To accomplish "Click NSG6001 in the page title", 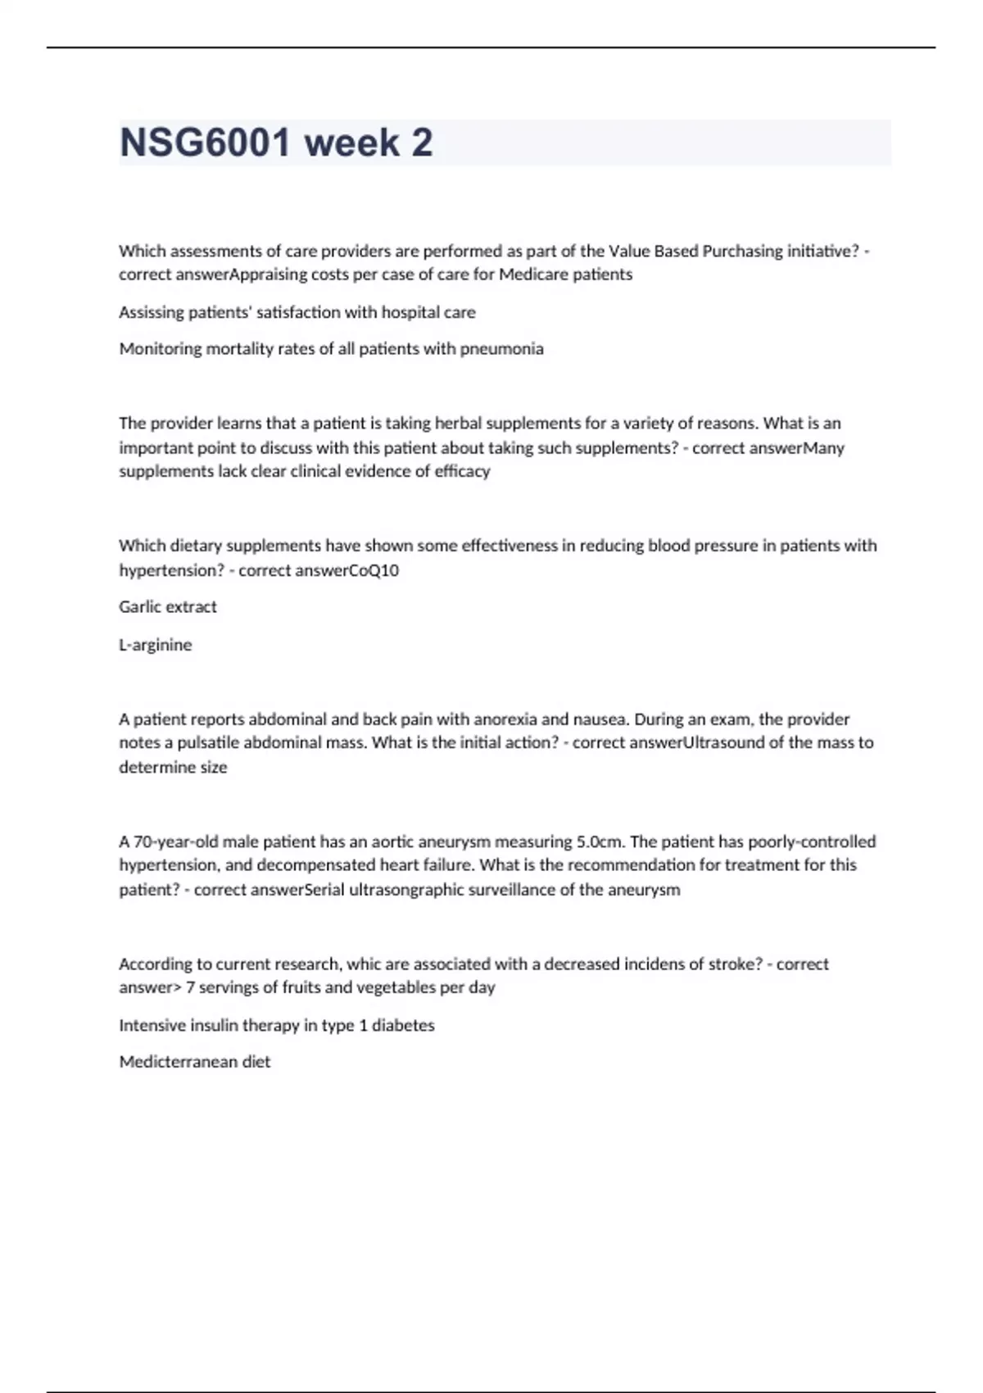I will (x=205, y=143).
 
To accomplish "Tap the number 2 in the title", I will (x=421, y=143).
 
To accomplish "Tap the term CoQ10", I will (x=374, y=570).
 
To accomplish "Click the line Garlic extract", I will (x=168, y=607).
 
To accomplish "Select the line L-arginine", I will (x=156, y=645).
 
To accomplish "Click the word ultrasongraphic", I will (x=406, y=890).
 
